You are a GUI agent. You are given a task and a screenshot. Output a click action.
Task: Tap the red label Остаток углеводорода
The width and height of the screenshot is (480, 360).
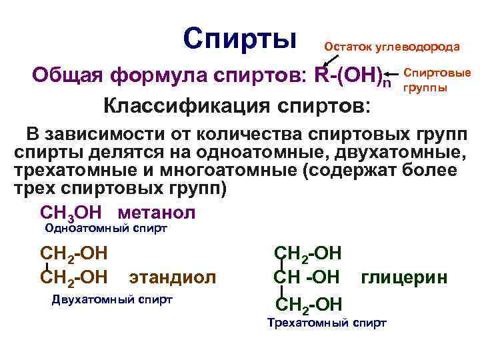point(391,47)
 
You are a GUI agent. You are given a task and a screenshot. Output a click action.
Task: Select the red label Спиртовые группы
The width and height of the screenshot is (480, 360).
point(437,79)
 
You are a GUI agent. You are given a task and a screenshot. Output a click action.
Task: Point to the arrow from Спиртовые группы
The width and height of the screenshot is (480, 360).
point(393,74)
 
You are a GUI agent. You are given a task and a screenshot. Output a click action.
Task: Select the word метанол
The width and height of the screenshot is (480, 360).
point(157,213)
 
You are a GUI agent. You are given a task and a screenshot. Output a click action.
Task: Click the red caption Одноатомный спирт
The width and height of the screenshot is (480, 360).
point(105,229)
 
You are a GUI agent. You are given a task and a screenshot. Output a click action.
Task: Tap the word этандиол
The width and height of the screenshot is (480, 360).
point(173,276)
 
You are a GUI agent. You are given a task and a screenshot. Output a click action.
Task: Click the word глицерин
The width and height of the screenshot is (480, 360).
point(404,276)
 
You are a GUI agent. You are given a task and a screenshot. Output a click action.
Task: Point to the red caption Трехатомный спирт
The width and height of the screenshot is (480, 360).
point(327,323)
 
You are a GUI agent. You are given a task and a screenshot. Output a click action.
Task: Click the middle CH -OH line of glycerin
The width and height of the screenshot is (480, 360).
point(307,276)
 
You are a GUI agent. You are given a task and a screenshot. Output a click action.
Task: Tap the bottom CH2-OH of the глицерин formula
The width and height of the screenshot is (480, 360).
point(308,305)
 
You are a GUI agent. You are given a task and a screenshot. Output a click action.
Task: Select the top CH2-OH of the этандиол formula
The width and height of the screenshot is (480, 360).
point(74,254)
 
